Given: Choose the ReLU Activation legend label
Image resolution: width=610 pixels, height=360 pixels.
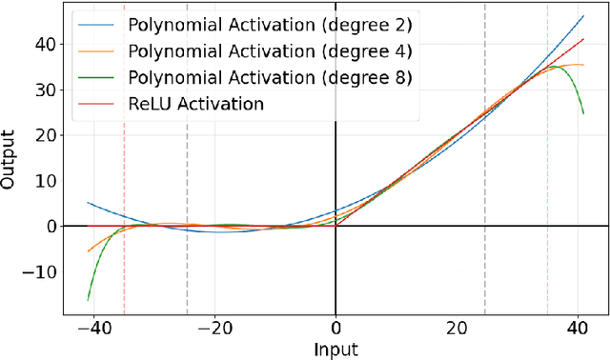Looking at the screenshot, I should pos(194,104).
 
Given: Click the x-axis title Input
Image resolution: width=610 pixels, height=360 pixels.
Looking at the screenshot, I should pos(335,349).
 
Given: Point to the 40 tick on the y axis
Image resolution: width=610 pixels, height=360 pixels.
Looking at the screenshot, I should pos(44,44).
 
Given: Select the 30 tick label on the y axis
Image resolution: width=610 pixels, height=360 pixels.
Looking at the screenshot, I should pos(44,90).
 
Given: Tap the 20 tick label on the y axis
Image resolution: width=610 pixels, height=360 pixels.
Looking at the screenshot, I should pos(44,135).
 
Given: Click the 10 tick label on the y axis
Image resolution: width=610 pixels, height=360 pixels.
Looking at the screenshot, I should pos(44,181).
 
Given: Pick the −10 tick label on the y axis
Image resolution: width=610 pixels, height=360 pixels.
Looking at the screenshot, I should pos(38,272).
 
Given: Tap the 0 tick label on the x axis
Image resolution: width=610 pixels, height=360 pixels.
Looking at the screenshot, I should pos(335,327).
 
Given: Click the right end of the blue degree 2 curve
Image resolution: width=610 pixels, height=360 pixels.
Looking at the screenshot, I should pos(583,15).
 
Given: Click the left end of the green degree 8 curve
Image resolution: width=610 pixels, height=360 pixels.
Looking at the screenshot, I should pos(88,300).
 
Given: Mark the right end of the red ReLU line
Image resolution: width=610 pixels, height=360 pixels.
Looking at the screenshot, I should pos(583,39).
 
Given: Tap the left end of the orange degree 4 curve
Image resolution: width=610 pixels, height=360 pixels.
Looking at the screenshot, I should pos(88,251).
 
